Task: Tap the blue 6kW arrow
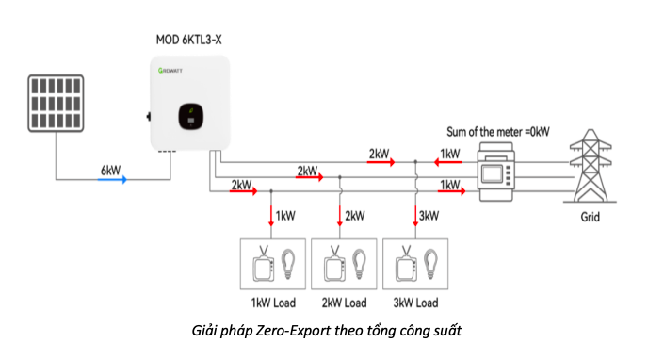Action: point(111,177)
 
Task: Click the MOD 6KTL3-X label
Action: point(188,40)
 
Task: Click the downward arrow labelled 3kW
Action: point(415,216)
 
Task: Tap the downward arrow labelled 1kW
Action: point(272,216)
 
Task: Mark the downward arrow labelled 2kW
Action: point(340,216)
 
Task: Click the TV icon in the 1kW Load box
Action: point(261,265)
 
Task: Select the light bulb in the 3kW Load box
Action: point(432,261)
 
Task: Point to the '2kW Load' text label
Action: point(343,303)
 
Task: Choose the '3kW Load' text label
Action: point(414,303)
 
